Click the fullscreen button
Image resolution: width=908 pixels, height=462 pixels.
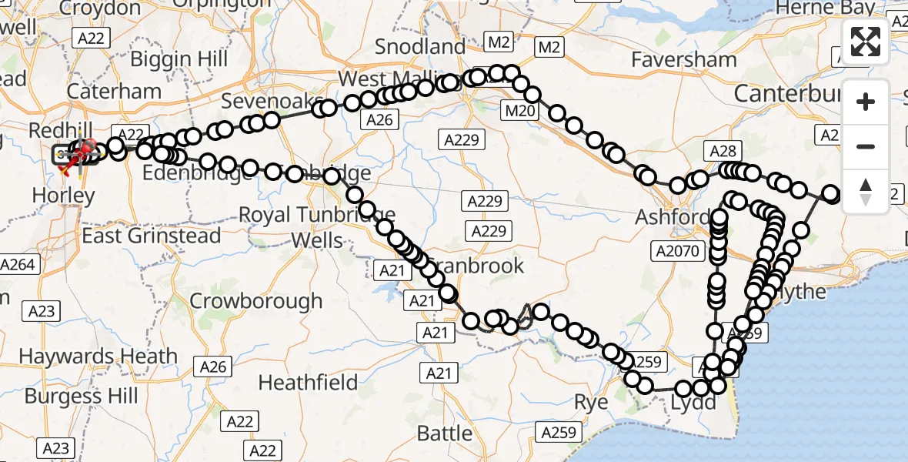[x=866, y=42]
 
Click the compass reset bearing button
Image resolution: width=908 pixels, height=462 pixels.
[x=866, y=191]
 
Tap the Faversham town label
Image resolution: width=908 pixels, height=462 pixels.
[x=684, y=59]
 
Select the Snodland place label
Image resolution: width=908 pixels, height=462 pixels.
[x=420, y=46]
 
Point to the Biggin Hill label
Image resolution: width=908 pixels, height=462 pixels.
[x=179, y=59]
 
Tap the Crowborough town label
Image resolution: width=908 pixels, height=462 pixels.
[x=256, y=300]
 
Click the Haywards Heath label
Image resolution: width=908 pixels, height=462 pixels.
[x=98, y=357]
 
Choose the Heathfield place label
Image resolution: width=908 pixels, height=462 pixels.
[x=309, y=382]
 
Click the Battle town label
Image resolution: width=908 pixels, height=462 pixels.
[x=445, y=433]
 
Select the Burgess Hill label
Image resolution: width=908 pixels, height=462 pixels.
[x=82, y=396]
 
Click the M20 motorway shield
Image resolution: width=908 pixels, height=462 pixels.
[x=519, y=112]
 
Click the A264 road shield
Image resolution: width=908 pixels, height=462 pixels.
[x=18, y=265]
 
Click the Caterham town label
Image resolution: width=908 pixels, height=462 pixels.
[x=114, y=91]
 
